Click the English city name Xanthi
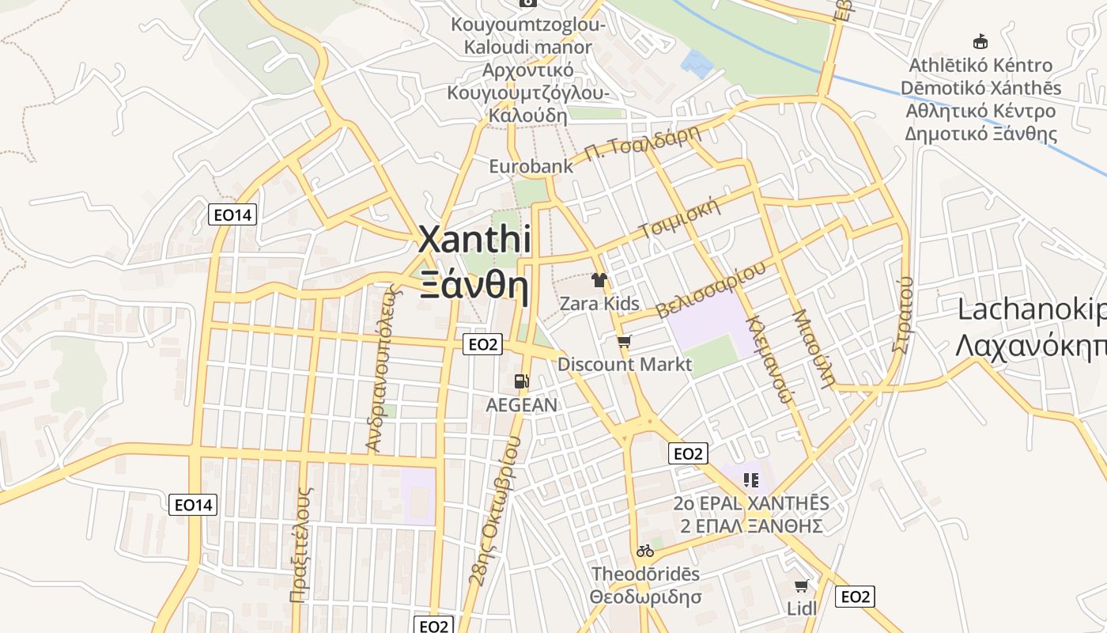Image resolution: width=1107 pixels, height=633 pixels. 474,240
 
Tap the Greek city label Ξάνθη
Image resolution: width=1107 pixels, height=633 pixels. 474,286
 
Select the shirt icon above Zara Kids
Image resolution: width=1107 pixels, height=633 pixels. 599,280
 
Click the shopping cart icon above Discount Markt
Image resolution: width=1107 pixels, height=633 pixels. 625,342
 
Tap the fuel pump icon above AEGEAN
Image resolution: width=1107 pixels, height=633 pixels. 521,381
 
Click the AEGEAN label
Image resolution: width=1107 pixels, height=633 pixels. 521,405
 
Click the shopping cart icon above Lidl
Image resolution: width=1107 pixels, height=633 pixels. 802,586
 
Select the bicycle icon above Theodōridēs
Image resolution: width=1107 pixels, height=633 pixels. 645,551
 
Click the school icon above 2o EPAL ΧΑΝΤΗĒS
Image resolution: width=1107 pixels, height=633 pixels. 751,479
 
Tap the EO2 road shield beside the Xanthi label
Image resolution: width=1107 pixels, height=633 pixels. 482,344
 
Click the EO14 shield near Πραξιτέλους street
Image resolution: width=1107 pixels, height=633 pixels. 193,505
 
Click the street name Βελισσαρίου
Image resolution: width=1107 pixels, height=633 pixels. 711,289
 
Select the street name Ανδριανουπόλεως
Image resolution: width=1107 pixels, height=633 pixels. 380,368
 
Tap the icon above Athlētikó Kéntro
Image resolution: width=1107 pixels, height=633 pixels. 980,41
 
